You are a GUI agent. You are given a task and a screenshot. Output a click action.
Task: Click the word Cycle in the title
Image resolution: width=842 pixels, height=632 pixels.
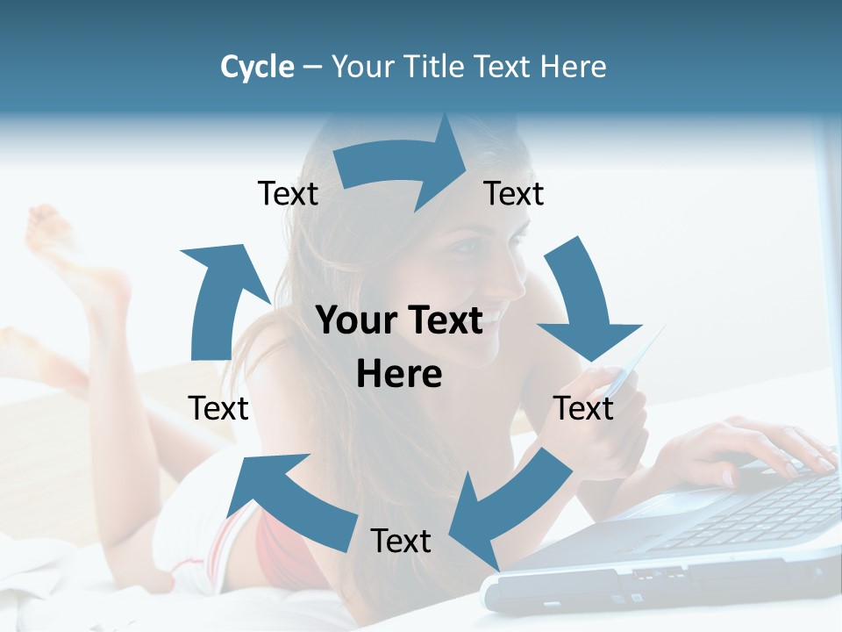[x=257, y=67]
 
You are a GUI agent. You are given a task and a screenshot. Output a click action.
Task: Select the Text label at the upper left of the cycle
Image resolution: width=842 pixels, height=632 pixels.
[x=288, y=193]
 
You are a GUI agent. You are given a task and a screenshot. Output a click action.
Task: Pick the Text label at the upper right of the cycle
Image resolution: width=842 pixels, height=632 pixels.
[x=514, y=193]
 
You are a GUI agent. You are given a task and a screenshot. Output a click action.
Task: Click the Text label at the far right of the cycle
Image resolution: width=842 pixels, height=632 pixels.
[x=583, y=408]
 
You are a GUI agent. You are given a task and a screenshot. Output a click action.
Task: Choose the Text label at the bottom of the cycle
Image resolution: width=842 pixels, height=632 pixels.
[x=401, y=541]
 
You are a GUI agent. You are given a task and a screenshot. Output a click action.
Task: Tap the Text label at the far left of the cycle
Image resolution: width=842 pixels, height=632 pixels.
[x=218, y=408]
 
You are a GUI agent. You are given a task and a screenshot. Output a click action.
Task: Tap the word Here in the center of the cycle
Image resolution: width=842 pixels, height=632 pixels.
[x=399, y=374]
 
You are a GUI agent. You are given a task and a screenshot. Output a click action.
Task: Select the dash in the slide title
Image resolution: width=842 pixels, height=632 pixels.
[x=312, y=68]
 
